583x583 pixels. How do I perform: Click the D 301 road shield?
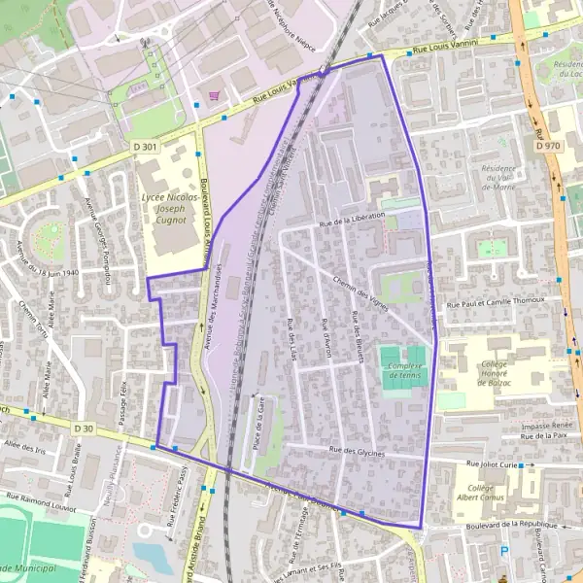[x=145, y=147]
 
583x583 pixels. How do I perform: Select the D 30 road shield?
[x=86, y=428]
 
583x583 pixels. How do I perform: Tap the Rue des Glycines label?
[x=358, y=451]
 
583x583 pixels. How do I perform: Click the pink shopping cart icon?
[x=213, y=95]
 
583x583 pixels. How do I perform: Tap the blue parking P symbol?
[x=503, y=552]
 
